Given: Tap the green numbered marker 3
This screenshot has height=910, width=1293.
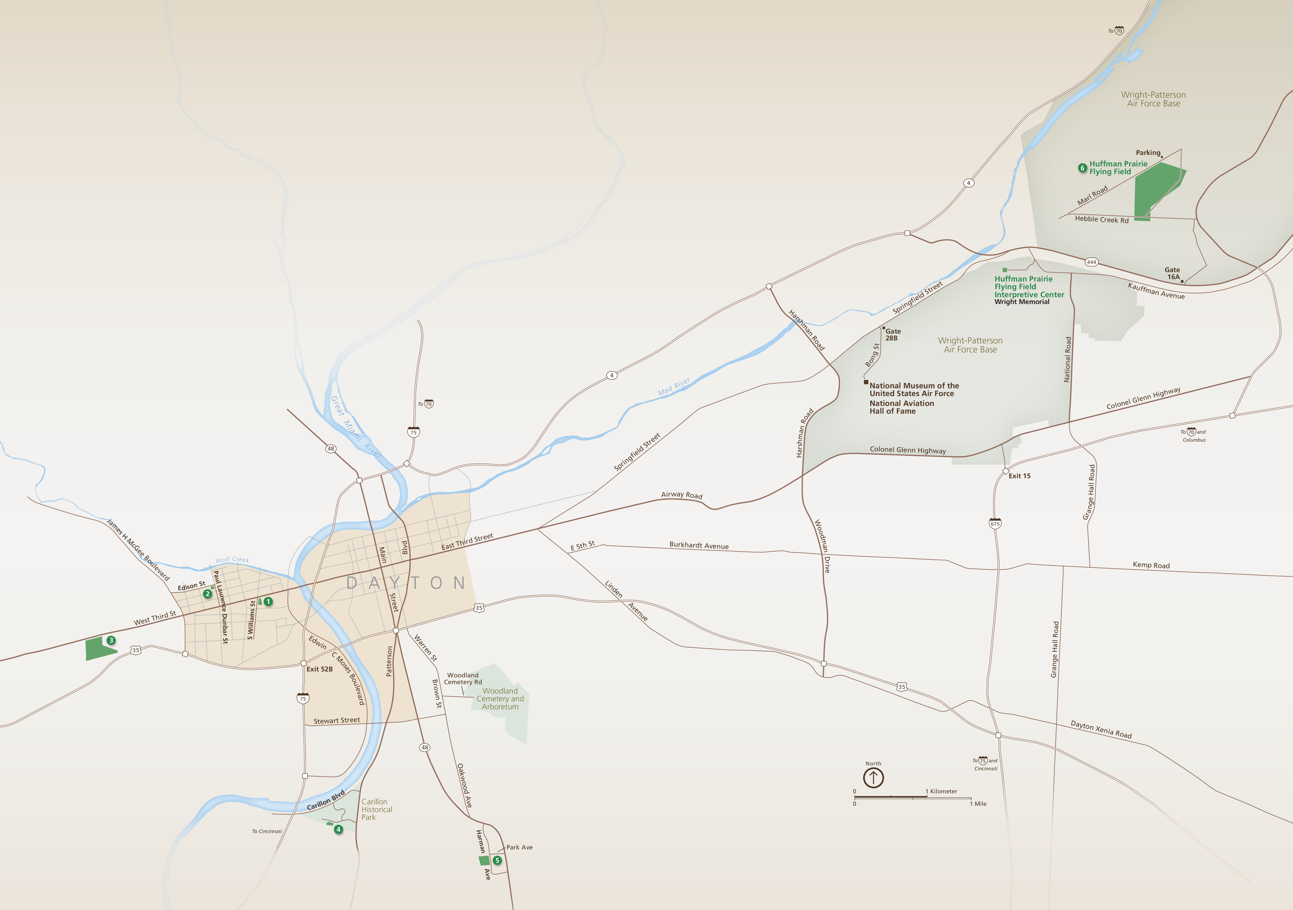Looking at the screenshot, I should (x=111, y=640).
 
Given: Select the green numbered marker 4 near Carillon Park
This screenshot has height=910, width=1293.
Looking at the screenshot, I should (x=339, y=829).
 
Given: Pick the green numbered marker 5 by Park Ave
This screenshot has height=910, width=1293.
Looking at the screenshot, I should (x=497, y=860).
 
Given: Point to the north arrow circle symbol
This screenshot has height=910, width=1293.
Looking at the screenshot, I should (x=873, y=778).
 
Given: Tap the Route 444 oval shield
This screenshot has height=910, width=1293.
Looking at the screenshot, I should (x=1091, y=262).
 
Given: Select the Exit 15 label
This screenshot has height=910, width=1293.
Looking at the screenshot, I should (x=1019, y=476).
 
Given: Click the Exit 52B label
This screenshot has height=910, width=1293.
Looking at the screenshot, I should (x=319, y=669).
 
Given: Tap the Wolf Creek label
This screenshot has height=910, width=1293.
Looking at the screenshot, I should (x=232, y=560).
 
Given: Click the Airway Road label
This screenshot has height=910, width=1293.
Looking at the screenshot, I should (x=682, y=495).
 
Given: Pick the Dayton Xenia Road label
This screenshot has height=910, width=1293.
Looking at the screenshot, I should (x=1101, y=730).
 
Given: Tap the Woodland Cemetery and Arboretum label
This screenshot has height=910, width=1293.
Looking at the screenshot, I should (x=500, y=699).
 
